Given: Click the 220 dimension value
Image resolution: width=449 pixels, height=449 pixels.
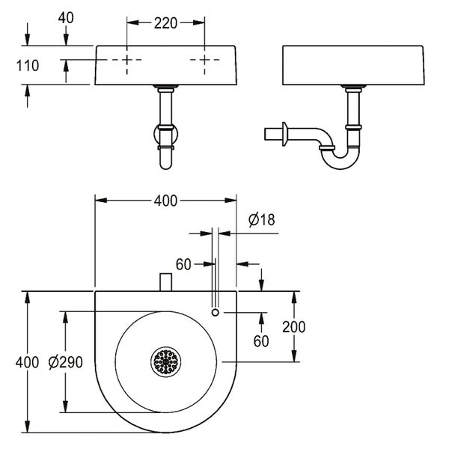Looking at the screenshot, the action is coord(165,23).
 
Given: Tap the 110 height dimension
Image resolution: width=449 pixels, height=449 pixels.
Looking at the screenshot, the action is coord(28,66).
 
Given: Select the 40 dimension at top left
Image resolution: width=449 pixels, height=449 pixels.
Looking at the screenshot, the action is coord(66,18).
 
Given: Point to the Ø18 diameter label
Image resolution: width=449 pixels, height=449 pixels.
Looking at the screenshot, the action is coord(262,219).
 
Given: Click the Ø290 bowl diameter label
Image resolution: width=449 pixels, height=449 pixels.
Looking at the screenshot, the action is coord(66,362).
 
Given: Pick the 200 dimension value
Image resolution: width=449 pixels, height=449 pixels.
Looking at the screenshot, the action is coord(294,327).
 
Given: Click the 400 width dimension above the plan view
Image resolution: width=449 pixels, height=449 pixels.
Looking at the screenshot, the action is coord(165,201).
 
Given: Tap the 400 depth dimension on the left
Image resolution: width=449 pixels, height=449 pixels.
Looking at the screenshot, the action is coord(27,362).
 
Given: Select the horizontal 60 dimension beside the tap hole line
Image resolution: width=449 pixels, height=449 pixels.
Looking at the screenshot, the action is coord(183,264).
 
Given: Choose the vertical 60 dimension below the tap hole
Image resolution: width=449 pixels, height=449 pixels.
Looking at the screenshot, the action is coord(261,341).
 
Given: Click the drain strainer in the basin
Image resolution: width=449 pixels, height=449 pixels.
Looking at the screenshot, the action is coord(166,361).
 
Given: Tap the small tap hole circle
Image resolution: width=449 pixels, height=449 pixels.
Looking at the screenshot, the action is coord(216,312).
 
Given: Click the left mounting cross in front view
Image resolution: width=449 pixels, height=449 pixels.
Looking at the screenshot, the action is coord(127,60).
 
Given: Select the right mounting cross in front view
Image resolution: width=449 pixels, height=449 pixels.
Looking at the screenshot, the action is coord(204,60).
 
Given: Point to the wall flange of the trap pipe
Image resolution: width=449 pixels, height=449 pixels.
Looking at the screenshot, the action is coord(284,134).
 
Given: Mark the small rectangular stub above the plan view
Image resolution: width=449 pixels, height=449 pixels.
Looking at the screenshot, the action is coord(166,282).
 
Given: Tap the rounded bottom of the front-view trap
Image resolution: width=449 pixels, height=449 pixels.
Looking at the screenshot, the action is coord(166,165).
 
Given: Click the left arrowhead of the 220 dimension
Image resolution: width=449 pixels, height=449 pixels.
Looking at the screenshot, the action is coord(132,23).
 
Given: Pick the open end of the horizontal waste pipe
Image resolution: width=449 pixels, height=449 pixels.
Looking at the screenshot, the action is coord(265,134).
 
